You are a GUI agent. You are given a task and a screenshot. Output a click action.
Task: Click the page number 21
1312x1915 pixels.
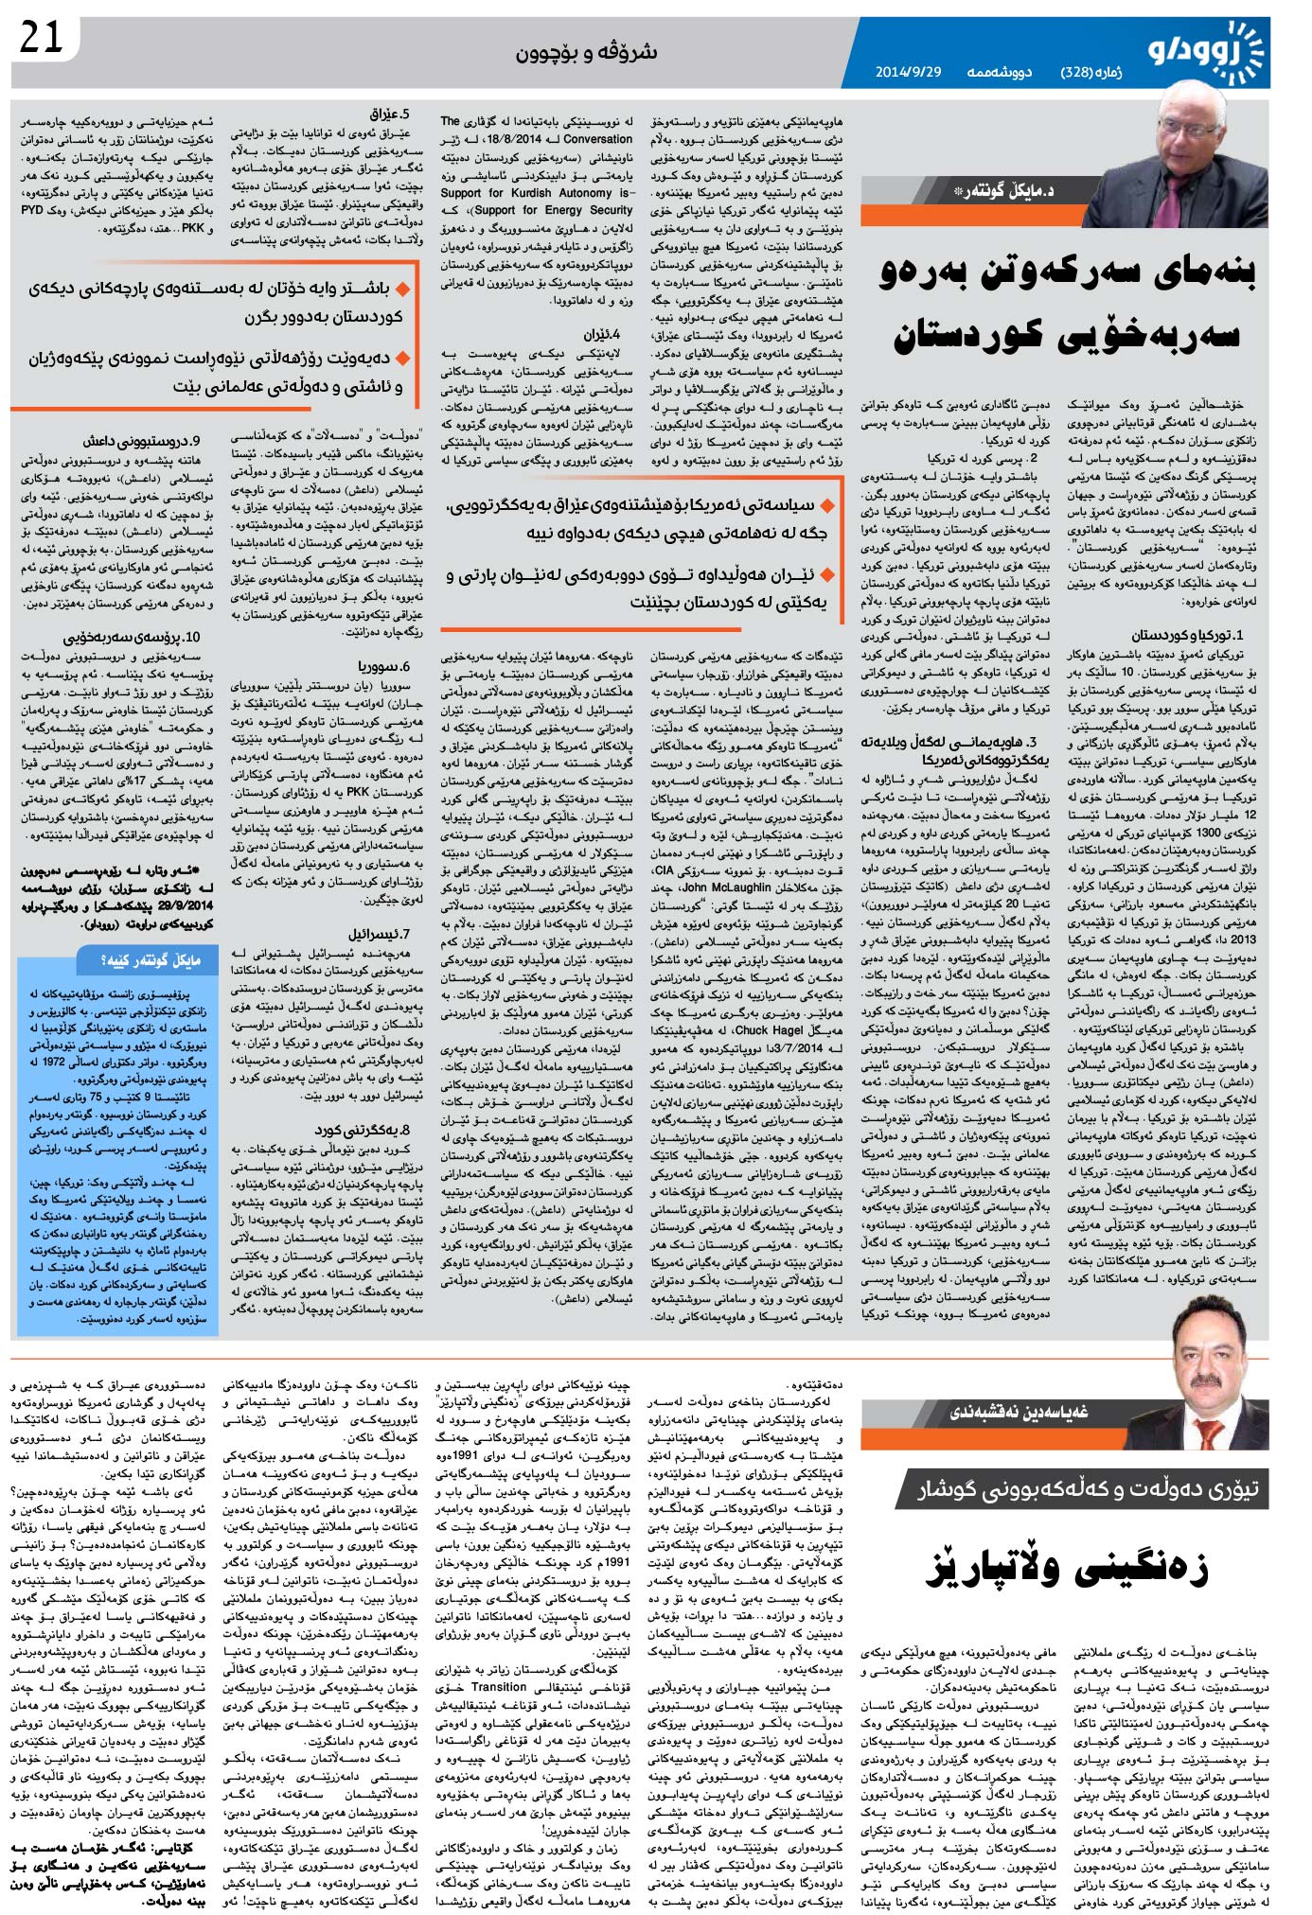tap(43, 39)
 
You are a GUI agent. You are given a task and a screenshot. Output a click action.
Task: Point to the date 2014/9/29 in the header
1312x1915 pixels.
tap(908, 72)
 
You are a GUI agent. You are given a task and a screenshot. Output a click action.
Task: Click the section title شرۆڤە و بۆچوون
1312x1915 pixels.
tap(586, 52)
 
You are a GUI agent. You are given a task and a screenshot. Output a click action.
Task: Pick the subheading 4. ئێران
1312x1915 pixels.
tap(601, 334)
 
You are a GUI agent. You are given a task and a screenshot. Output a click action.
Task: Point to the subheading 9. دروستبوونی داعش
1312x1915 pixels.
tap(142, 441)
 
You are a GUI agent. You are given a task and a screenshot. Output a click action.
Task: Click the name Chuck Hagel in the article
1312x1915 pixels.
tap(764, 1030)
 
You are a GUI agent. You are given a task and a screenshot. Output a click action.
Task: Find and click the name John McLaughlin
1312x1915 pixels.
tap(726, 887)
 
